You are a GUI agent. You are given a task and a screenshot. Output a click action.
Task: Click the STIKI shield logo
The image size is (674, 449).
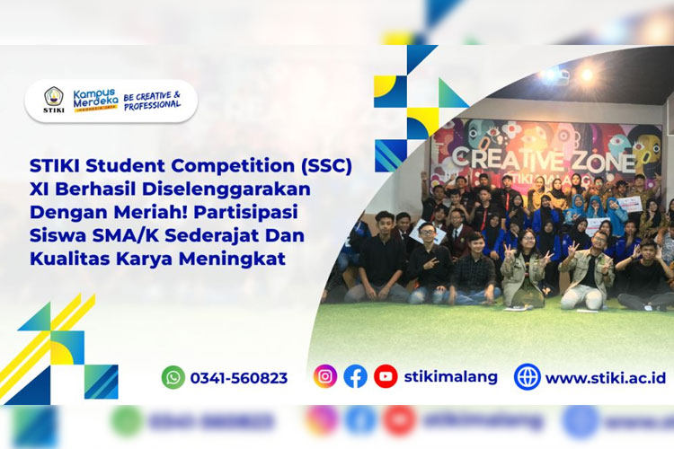click(54, 98)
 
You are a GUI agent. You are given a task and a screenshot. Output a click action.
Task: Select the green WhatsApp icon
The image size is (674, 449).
click(173, 377)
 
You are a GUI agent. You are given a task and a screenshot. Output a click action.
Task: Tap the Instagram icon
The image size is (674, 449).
click(325, 376)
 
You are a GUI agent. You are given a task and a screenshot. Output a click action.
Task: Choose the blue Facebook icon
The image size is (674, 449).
click(356, 376)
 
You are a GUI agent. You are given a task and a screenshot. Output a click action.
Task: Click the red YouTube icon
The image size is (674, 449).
click(386, 376)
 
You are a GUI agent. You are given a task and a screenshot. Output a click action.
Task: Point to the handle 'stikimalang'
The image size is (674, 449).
click(451, 376)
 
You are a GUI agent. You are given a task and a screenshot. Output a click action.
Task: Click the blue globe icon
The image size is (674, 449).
click(527, 376)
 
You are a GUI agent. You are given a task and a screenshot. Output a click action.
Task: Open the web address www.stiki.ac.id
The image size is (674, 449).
click(605, 377)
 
